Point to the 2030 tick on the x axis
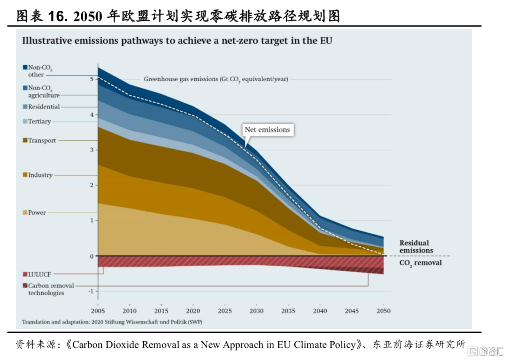(x=256, y=311)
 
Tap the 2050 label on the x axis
(x=384, y=311)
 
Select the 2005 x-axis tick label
(x=98, y=311)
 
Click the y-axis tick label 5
(x=92, y=79)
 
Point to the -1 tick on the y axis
(x=91, y=291)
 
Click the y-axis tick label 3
(x=92, y=150)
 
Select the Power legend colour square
(x=24, y=213)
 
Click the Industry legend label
(x=40, y=175)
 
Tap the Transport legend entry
(x=42, y=140)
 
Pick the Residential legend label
(x=44, y=107)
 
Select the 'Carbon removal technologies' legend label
(x=50, y=289)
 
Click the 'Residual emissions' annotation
(x=416, y=246)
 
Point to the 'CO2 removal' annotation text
(x=420, y=263)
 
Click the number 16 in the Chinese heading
(x=57, y=16)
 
